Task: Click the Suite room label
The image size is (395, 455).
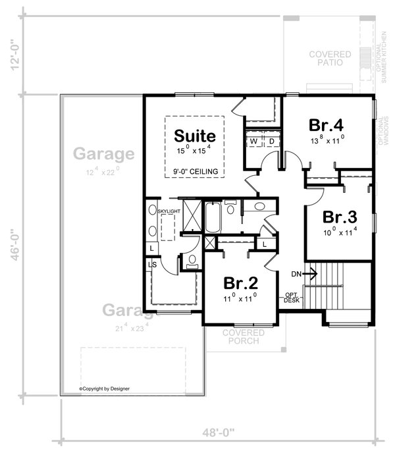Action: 194,136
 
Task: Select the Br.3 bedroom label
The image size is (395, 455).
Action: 340,217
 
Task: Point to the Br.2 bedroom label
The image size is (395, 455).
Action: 240,283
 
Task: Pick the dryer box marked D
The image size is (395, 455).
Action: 271,141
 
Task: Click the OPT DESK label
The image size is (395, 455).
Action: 291,298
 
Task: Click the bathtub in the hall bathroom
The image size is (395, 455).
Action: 213,217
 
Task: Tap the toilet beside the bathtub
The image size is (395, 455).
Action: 230,209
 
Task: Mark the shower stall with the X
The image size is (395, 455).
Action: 192,216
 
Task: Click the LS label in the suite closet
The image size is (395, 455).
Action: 152,265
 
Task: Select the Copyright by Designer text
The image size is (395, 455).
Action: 105,388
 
